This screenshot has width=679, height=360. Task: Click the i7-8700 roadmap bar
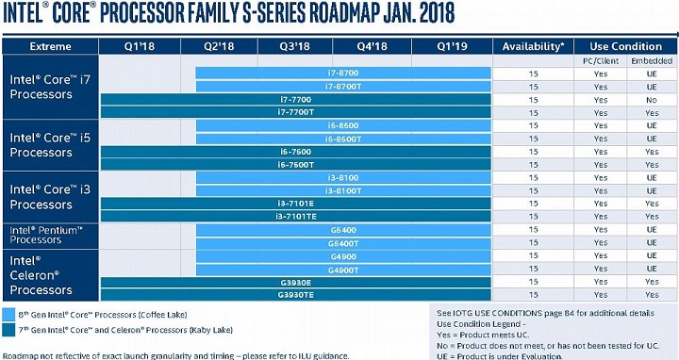343,73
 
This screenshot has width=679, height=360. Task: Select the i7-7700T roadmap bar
296,112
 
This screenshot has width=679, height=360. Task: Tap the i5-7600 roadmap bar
296,151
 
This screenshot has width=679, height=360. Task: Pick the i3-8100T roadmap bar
343,190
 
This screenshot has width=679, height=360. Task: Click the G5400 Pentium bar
343,230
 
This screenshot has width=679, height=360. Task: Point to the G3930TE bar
296,295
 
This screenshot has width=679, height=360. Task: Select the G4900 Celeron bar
343,255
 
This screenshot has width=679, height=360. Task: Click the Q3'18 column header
296,46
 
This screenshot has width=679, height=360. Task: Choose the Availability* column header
534,46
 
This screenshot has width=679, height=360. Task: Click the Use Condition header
625,46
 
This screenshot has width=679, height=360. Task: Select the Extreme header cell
51,46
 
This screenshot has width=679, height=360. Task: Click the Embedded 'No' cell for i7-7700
651,99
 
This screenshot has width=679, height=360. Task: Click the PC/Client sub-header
601,60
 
